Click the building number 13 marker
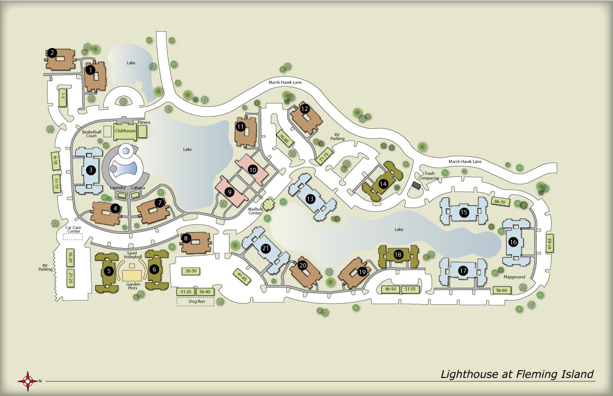click(310, 199)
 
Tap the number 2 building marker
click(52, 53)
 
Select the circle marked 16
click(513, 242)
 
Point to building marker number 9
click(229, 192)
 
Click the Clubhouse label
click(125, 130)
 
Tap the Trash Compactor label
click(429, 176)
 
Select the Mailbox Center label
click(255, 211)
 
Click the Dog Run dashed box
click(195, 302)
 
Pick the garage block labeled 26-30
click(191, 271)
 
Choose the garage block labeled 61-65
click(550, 243)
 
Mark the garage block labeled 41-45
click(242, 277)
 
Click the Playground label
click(515, 277)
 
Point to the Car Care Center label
click(72, 230)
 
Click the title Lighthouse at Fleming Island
click(517, 374)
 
